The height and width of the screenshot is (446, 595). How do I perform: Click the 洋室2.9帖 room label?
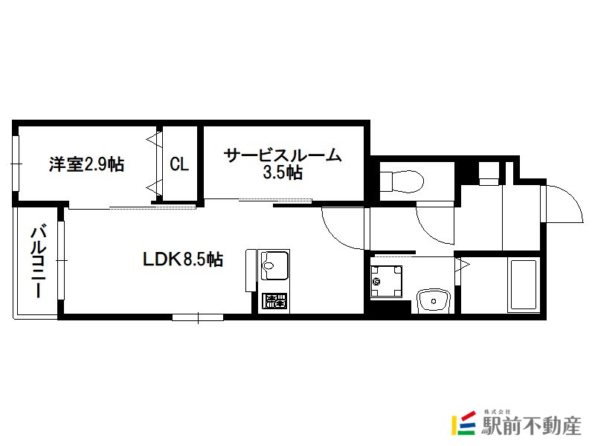pos(86,164)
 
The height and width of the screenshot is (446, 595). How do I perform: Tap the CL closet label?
pos(179,164)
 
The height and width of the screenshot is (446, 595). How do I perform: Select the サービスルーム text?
pos(283,155)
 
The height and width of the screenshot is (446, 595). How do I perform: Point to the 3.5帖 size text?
pos(283,172)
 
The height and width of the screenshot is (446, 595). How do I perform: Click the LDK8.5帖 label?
pos(182,259)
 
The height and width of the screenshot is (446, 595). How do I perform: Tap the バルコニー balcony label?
pos(39,262)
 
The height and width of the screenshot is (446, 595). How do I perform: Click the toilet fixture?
pos(402,181)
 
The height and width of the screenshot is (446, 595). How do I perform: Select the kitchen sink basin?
pos(273,265)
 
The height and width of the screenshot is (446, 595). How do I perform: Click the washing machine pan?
pos(386,282)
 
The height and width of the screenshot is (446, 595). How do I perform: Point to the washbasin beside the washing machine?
pos(434,302)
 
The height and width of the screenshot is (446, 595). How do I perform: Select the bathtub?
pos(524,285)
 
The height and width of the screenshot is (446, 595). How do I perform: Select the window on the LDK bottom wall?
pos(198,317)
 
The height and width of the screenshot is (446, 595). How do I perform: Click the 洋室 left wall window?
pos(16,164)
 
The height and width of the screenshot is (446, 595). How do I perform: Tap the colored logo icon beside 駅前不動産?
pos(463,423)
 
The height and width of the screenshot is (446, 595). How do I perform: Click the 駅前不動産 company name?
pos(531,425)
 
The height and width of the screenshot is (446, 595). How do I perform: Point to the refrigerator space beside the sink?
pos(251,271)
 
